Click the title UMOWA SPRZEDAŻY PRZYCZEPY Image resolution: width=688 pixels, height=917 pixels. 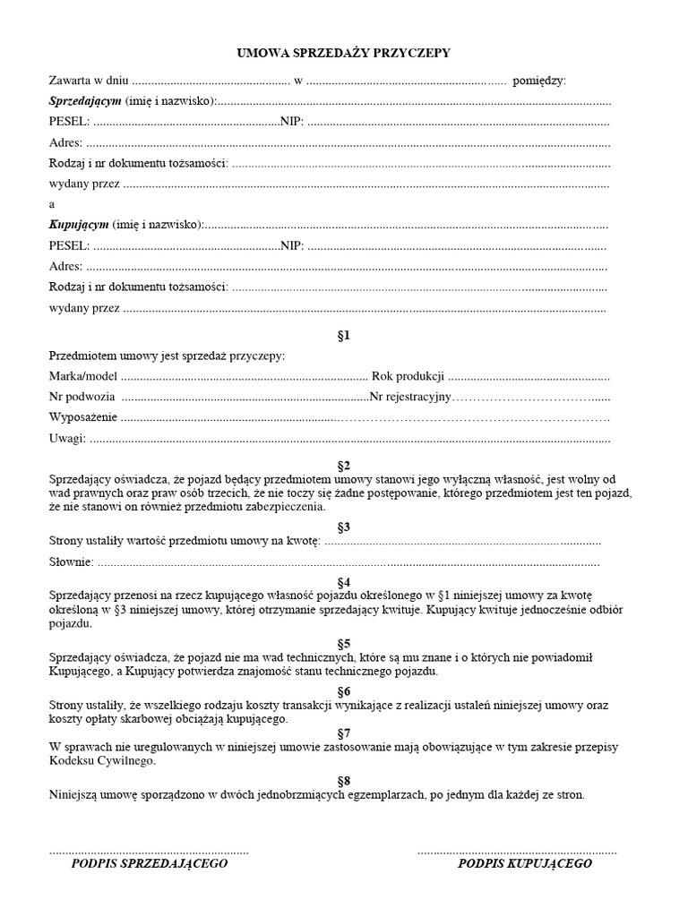point(343,54)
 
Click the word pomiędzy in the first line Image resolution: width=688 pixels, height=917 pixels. point(539,81)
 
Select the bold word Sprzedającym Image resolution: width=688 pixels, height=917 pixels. point(85,101)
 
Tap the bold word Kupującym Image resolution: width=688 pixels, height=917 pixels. point(78,224)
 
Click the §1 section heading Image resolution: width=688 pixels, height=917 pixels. point(343,336)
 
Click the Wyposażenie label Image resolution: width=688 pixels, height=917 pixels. point(82,417)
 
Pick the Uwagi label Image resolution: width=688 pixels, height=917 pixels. point(67,438)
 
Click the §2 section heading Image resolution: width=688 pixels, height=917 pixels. point(343,466)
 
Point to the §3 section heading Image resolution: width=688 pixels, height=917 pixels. point(343,527)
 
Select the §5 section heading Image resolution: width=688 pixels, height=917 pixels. point(343,643)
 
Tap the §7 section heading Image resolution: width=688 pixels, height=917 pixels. point(343,733)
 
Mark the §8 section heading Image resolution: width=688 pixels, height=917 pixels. point(343,780)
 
